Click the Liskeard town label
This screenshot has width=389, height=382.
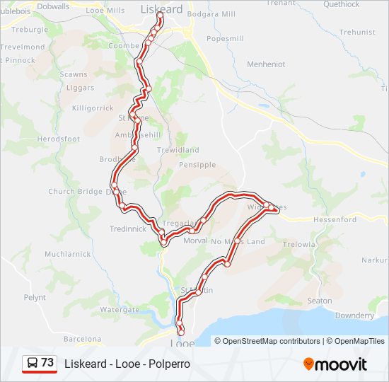161,9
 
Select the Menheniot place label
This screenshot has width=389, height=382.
266,64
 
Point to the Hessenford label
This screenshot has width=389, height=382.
335,220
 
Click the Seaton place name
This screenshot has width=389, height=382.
320,301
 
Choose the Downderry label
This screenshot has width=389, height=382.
354,316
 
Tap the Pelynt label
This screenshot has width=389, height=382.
35,298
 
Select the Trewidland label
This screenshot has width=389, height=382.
178,150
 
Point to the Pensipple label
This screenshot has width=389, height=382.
197,165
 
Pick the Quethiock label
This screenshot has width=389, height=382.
341,4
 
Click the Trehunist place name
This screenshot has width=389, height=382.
357,33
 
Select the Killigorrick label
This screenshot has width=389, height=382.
93,108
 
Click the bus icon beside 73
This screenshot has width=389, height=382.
32,364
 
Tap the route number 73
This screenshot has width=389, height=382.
47,363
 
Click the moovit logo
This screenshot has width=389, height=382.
335,364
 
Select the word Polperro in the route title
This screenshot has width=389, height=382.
170,364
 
